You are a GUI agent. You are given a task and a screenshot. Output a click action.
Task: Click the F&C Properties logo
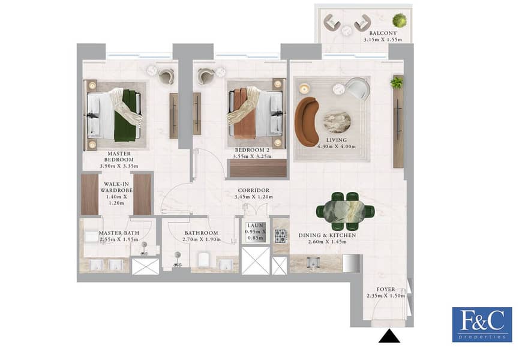(482, 325)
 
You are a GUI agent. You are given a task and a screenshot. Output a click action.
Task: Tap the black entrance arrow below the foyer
(389, 337)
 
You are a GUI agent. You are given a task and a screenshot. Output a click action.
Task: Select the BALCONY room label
(383, 34)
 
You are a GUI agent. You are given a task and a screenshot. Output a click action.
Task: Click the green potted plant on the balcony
(400, 20)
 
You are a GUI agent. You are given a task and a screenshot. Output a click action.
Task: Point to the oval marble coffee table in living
(337, 122)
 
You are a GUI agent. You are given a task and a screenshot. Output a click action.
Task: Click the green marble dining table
(346, 211)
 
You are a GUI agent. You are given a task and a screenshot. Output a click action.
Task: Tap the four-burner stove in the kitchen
(281, 235)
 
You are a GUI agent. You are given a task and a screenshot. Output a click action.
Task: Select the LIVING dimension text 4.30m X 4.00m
(337, 146)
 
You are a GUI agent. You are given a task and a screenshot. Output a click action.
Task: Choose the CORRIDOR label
(254, 190)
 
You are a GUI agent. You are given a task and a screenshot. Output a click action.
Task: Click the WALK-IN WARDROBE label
(116, 187)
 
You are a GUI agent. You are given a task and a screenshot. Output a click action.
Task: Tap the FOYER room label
(386, 289)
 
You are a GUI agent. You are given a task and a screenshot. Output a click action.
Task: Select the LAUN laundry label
(255, 226)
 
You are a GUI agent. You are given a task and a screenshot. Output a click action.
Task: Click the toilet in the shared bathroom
(204, 260)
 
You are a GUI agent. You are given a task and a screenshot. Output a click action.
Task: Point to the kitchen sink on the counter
(313, 262)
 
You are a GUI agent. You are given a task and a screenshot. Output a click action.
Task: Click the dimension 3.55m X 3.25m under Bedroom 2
(252, 157)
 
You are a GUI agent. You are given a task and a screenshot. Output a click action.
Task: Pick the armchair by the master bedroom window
(166, 76)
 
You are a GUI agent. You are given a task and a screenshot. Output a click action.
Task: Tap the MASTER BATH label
(119, 233)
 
